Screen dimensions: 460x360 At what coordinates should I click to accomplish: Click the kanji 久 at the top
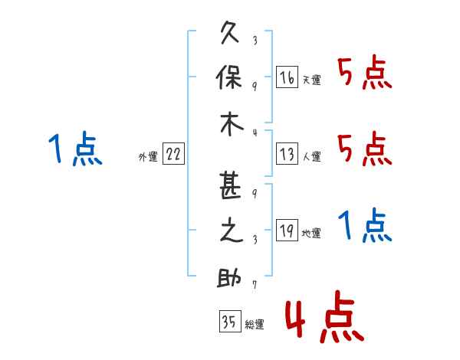(x=230, y=32)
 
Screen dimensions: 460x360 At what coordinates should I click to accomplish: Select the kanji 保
(x=229, y=77)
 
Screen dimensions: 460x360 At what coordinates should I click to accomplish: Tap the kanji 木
(x=232, y=124)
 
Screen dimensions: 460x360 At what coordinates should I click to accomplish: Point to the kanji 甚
(x=230, y=186)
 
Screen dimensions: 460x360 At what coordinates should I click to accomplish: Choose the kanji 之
(x=232, y=231)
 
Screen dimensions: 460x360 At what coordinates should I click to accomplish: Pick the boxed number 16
(x=287, y=77)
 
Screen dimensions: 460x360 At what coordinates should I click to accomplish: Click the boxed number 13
(x=287, y=154)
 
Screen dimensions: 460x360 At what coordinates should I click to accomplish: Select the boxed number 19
(x=287, y=230)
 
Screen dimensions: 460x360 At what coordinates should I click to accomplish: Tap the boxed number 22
(x=173, y=154)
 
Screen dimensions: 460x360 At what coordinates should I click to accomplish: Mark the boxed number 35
(x=230, y=321)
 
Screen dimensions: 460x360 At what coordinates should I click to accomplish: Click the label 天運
(x=312, y=80)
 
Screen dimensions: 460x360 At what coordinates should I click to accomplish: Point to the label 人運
(x=312, y=156)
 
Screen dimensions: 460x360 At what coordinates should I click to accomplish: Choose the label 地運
(x=311, y=233)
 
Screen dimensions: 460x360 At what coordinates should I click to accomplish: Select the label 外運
(x=148, y=157)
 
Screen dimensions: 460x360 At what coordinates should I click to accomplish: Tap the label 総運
(x=255, y=324)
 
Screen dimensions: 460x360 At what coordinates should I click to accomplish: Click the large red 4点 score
(x=324, y=316)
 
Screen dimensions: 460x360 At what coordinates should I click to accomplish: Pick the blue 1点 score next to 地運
(x=365, y=225)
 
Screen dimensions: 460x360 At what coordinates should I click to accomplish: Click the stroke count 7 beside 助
(x=255, y=284)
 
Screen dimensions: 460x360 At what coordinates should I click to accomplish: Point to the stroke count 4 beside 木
(x=255, y=133)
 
